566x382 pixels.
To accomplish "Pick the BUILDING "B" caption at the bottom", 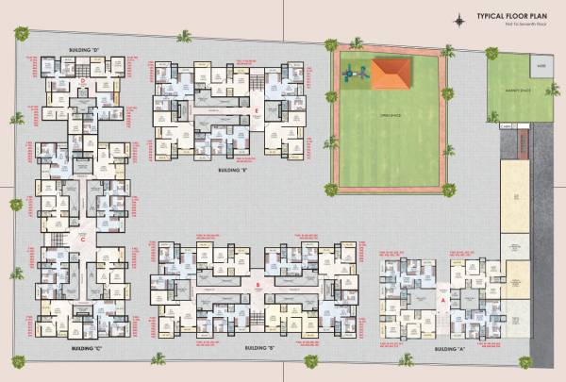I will [258, 349].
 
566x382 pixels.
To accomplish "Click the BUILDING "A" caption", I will [447, 349].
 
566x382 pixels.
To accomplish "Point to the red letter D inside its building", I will [84, 81].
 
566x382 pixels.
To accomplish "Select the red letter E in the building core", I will [257, 109].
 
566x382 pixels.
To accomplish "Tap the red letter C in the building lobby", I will [84, 239].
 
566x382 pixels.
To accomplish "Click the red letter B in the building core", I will [258, 283].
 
